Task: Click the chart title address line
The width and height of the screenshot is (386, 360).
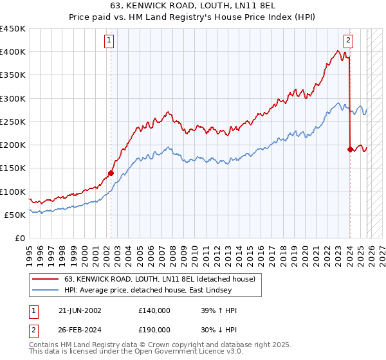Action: pos(193,6)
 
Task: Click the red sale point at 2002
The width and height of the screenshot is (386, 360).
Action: pos(111,173)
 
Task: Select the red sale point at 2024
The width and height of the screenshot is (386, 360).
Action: pos(350,149)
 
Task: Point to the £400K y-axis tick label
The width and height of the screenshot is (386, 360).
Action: pos(13,52)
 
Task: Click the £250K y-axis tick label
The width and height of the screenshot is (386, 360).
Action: pos(13,122)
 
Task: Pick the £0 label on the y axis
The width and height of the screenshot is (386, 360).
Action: pos(21,238)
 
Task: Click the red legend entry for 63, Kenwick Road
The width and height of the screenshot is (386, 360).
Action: pos(160,279)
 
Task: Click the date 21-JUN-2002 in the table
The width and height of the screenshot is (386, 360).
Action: pos(79,310)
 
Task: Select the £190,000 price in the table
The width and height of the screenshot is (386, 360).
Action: pos(154,329)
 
